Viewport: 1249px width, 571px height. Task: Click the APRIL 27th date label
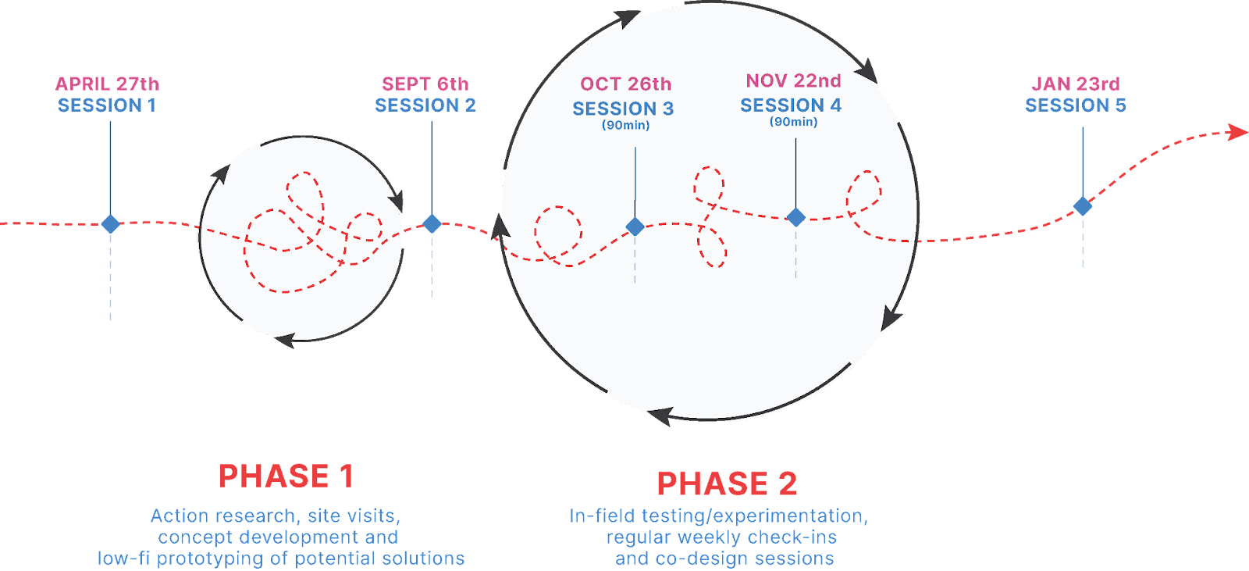[x=108, y=84]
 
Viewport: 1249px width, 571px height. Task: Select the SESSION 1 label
[x=107, y=105]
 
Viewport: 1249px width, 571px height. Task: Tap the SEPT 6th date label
[x=425, y=84]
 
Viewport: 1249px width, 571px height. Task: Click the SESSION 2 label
[x=425, y=105]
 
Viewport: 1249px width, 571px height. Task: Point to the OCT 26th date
[x=625, y=84]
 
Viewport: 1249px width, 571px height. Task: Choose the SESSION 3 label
[x=623, y=109]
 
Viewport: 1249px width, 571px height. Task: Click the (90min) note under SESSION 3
[x=625, y=126]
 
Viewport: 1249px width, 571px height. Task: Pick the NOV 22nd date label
[x=793, y=81]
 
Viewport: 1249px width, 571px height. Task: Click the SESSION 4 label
[x=791, y=105]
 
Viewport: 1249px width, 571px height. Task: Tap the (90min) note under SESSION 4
[x=793, y=122]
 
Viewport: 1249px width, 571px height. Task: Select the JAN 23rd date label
[x=1076, y=84]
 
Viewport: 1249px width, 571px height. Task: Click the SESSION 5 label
[x=1076, y=105]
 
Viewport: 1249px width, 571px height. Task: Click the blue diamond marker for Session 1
[x=111, y=225]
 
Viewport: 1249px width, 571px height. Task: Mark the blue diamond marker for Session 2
[x=432, y=224]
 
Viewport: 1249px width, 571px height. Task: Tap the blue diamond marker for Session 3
[x=635, y=227]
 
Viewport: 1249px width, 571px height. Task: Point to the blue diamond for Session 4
[x=795, y=217]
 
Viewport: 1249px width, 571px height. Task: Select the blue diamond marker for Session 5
[x=1083, y=206]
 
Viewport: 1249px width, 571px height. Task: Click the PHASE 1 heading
[x=286, y=476]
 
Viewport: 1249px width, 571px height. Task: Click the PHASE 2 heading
[x=727, y=484]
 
